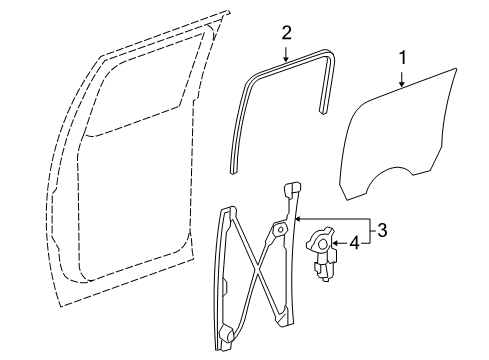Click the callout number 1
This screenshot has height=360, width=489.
coord(403,57)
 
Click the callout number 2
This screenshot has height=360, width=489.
coord(286,33)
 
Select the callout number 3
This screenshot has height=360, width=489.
coord(382,230)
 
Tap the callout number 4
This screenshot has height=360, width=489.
coord(355,243)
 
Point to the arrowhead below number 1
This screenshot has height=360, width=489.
coord(403,84)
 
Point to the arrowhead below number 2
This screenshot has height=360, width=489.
coord(286,58)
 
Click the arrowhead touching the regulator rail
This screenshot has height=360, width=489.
coord(299,219)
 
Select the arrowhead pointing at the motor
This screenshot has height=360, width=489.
coord(336,243)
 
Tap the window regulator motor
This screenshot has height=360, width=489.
coord(322,253)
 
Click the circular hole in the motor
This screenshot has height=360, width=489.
coord(323,244)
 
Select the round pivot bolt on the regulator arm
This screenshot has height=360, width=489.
coord(281,230)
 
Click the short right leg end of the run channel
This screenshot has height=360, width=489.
coord(323,110)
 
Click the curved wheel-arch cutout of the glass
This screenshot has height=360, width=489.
coord(389,176)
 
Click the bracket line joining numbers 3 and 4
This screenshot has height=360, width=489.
coord(370,231)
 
